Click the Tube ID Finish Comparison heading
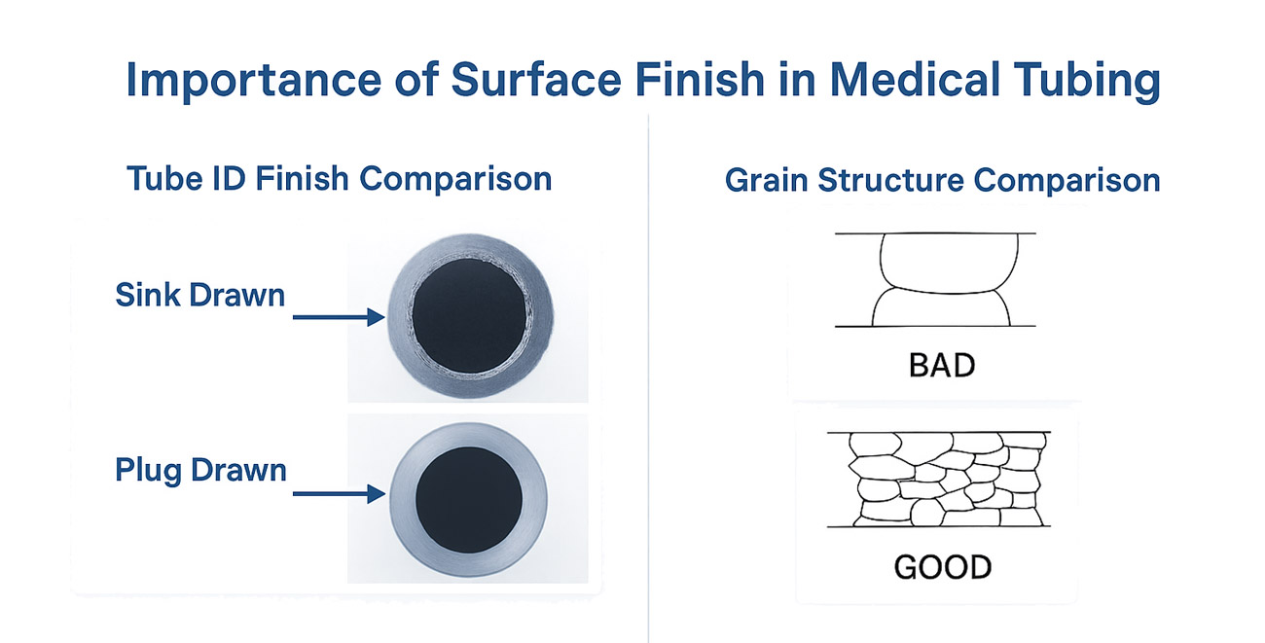click(339, 179)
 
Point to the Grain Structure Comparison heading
click(942, 181)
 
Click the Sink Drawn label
click(200, 295)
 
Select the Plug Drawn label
click(200, 471)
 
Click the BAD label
click(940, 367)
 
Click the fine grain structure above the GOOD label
click(938, 479)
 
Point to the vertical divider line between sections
click(648, 389)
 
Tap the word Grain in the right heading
click(769, 181)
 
